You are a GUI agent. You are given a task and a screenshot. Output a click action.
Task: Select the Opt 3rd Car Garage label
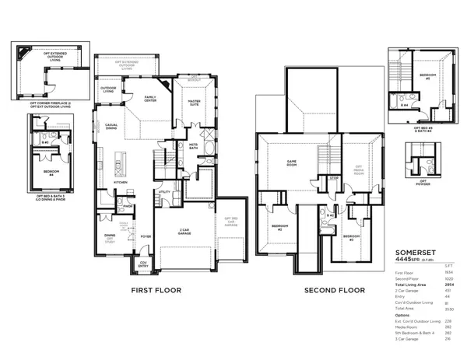(x=230, y=222)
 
